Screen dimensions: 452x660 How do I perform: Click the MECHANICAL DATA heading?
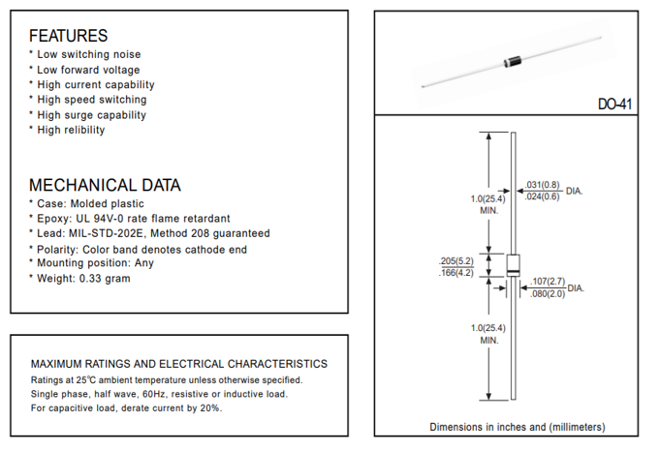[x=105, y=185]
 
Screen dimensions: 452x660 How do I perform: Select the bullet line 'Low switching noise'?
[x=88, y=55]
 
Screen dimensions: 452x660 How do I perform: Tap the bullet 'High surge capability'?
[x=91, y=115]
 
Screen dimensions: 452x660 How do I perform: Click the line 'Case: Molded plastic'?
[x=90, y=204]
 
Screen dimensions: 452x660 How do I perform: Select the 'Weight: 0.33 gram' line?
[x=83, y=279]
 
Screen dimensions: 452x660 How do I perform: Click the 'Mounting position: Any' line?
[x=95, y=263]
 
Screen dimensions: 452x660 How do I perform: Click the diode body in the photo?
[x=513, y=62]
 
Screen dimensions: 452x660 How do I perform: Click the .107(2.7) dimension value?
[x=548, y=282]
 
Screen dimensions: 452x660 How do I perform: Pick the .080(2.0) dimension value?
[x=548, y=294]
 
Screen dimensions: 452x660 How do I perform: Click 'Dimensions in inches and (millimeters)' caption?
[x=518, y=427]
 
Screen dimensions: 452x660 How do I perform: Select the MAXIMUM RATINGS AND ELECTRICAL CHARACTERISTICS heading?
[x=179, y=364]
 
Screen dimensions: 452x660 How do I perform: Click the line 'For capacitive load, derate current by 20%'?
[x=126, y=408]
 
